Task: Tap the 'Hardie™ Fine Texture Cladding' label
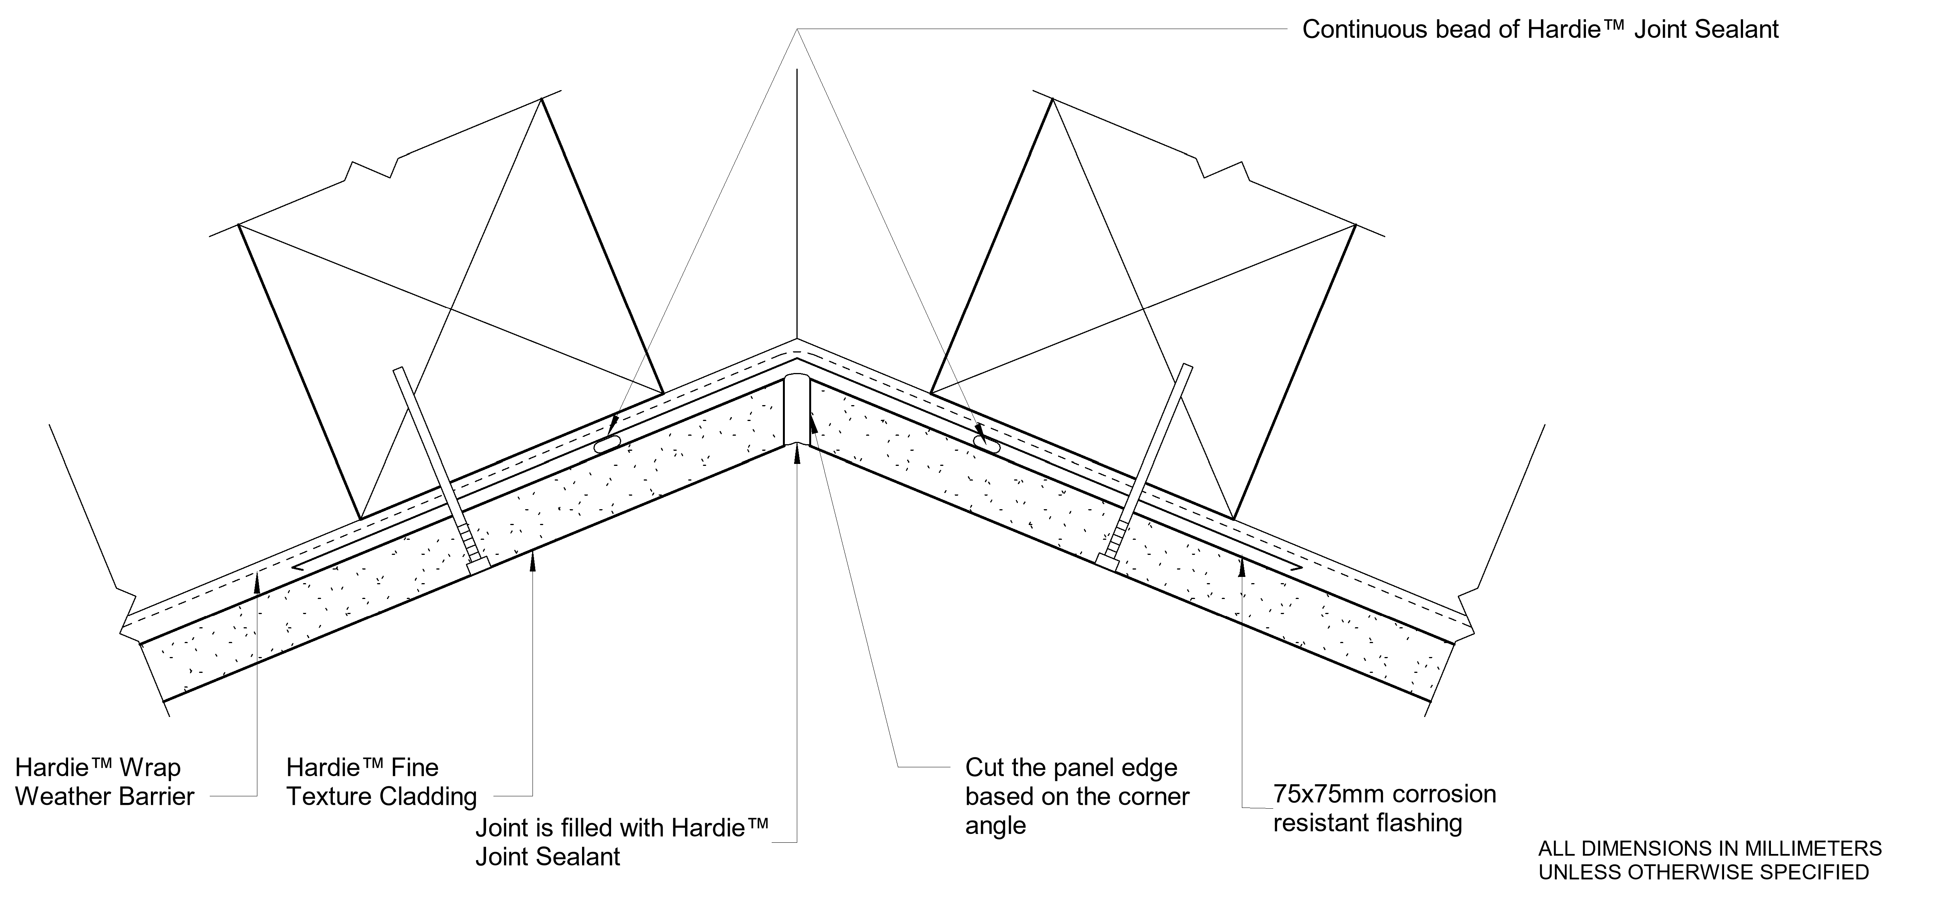382,782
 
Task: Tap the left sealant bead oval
607,445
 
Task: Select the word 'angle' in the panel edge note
995,826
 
